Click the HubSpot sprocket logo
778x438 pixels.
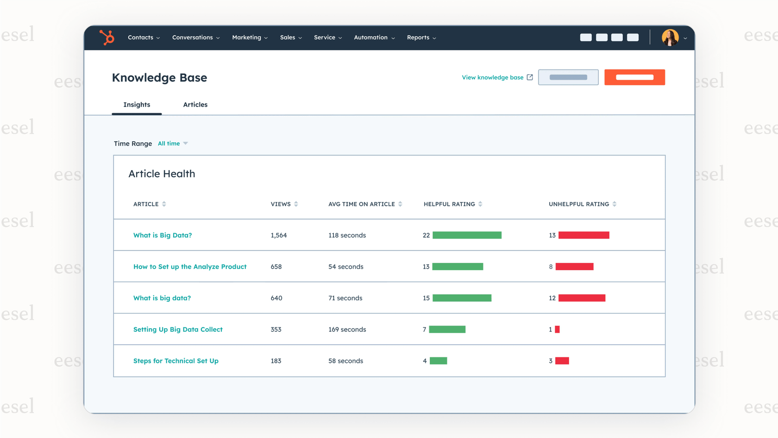tap(107, 38)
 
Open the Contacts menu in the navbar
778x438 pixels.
tap(144, 38)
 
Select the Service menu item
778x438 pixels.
tap(327, 38)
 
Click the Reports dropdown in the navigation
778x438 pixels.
tap(421, 38)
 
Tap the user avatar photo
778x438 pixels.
tap(670, 38)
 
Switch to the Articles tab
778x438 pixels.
tap(195, 105)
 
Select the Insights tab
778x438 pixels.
tap(137, 105)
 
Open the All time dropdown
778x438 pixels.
tap(173, 144)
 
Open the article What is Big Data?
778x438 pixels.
tap(163, 235)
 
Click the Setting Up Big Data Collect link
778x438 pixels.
tap(178, 330)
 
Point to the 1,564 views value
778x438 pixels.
tap(279, 235)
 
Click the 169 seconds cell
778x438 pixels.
tap(347, 330)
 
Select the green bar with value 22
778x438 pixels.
tap(467, 235)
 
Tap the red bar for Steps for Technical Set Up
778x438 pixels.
tap(562, 361)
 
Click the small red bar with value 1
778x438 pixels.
tap(557, 330)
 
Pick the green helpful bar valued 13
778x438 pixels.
tap(458, 267)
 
